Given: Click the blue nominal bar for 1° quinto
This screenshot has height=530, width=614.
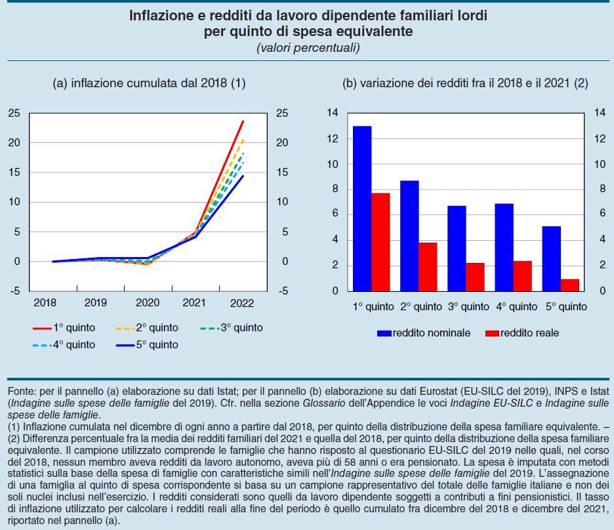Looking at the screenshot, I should (x=362, y=209).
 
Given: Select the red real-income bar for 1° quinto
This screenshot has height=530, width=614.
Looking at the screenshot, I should (x=381, y=242).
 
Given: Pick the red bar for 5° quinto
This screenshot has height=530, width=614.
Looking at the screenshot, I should (x=571, y=285).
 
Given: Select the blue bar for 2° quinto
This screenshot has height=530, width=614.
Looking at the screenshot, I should (x=409, y=235).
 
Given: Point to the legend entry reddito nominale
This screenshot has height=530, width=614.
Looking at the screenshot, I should (x=424, y=333).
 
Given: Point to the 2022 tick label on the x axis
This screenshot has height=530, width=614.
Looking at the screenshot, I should (x=243, y=303).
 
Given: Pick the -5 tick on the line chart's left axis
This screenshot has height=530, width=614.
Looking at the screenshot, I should (x=14, y=291).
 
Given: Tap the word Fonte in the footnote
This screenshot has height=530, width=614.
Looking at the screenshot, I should (x=22, y=392).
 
